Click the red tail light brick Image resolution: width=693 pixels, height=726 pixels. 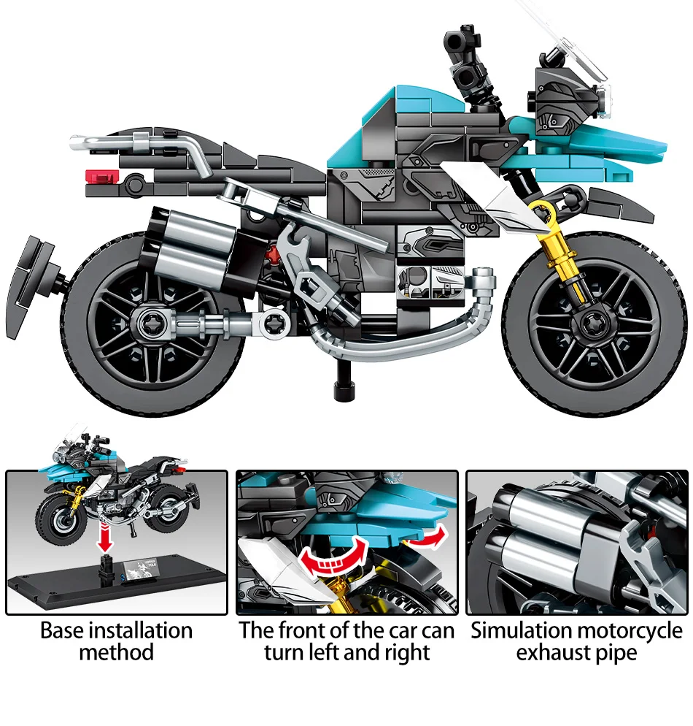coord(102,175)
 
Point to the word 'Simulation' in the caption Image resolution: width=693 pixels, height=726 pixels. coord(520,630)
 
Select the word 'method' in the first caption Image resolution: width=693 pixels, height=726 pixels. coord(117,652)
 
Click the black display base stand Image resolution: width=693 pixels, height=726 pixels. coord(117,581)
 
